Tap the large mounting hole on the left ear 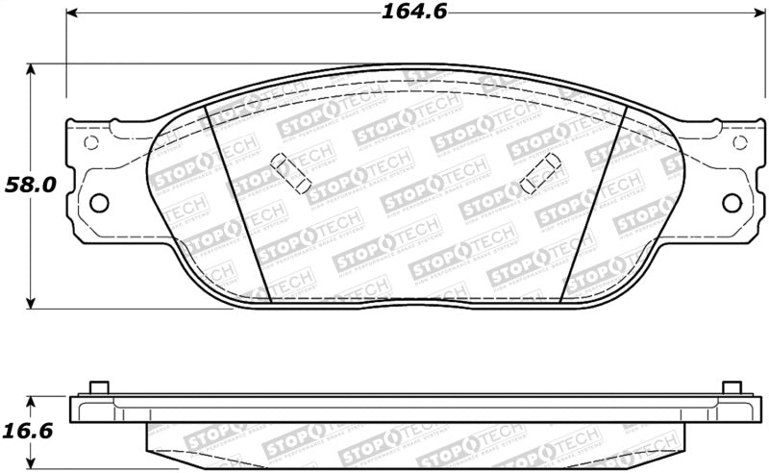98,202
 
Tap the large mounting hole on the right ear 731,202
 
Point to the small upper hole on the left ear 92,142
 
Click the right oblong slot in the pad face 539,173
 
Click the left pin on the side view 96,387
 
